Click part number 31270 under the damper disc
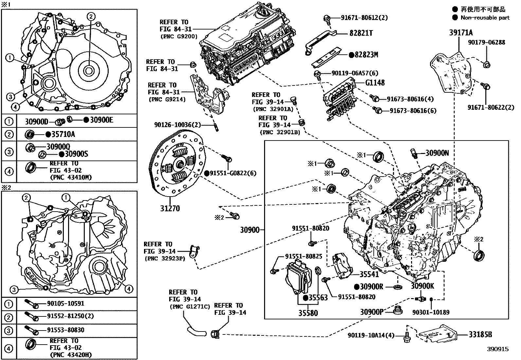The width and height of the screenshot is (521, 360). click(170, 208)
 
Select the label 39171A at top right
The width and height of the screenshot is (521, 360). click(461, 32)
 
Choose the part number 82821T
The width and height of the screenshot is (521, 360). click(361, 33)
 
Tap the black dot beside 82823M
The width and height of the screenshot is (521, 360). click(351, 55)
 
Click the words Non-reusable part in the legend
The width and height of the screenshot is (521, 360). click(485, 18)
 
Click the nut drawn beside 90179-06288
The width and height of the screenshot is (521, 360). click(486, 65)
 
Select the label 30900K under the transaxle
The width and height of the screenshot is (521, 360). click(422, 286)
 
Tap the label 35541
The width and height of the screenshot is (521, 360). click(369, 275)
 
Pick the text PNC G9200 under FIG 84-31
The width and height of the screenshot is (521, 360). click(179, 37)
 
